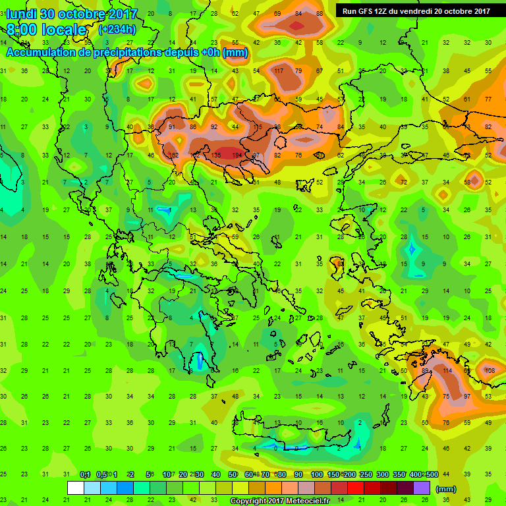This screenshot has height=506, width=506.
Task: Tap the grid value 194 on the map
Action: pos(237,155)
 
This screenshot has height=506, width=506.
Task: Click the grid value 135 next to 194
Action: pos(215,155)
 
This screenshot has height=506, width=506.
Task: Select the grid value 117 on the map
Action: pos(279,70)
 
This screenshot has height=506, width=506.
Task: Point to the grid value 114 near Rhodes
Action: pos(448,371)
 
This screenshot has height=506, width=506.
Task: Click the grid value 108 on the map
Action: pos(490,371)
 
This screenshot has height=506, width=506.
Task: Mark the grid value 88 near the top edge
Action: pos(320,14)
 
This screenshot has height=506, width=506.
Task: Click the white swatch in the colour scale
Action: pos(76,488)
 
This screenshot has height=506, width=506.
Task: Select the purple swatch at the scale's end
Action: pos(422,488)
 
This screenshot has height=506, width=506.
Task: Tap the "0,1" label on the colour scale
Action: pos(85,475)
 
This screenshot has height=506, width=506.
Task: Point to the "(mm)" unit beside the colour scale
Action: pos(446,489)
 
